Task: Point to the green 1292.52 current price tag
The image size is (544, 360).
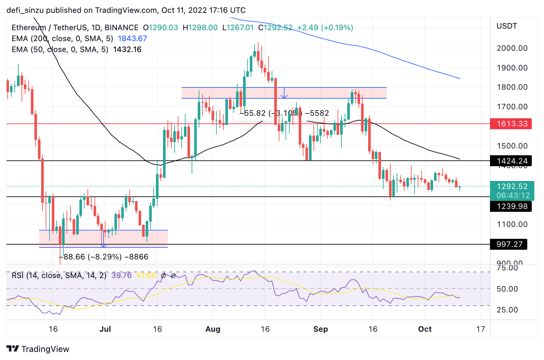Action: click(x=512, y=187)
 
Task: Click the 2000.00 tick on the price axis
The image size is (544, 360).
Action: click(x=512, y=48)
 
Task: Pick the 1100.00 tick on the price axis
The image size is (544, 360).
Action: click(x=512, y=224)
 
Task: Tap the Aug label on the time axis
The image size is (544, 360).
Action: click(x=213, y=329)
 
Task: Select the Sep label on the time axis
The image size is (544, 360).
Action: click(x=321, y=329)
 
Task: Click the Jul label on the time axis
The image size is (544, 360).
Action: click(x=105, y=329)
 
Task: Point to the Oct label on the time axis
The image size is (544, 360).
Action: click(x=425, y=329)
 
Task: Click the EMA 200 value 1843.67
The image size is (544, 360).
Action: click(x=132, y=39)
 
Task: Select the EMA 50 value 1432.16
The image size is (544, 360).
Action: click(x=127, y=50)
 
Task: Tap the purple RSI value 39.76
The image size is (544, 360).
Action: click(x=122, y=275)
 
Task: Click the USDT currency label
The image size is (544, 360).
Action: click(x=507, y=26)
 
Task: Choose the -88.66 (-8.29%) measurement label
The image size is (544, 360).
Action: click(x=104, y=257)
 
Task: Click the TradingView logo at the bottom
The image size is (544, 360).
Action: click(x=38, y=349)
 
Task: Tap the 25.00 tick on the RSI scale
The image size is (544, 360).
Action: click(x=507, y=310)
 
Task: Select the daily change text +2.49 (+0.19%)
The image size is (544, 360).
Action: click(x=325, y=28)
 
